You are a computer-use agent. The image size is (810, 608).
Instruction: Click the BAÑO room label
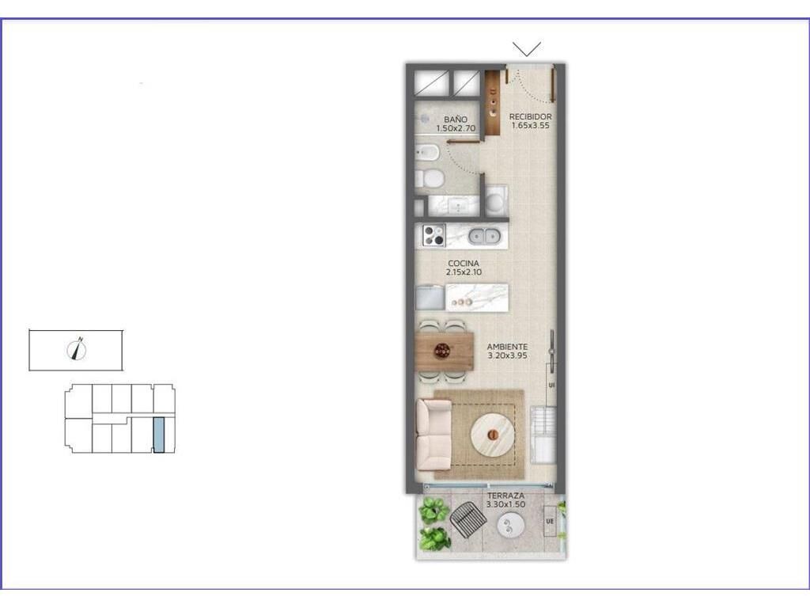(x=455, y=120)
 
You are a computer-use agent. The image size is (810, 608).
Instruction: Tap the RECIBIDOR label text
(x=530, y=117)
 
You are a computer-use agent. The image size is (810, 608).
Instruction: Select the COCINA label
(x=464, y=263)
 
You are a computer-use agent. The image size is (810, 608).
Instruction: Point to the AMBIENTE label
(x=507, y=347)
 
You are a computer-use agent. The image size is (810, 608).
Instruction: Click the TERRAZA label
(x=505, y=496)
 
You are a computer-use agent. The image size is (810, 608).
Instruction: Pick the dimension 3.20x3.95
(x=507, y=355)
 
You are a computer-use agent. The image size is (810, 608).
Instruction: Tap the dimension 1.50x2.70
(x=455, y=128)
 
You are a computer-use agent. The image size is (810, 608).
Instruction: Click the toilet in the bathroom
(x=430, y=179)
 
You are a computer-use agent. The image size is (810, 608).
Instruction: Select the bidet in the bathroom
(x=428, y=153)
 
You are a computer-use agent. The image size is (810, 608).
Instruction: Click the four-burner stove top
(x=434, y=236)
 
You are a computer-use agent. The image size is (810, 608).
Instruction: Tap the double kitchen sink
(x=485, y=236)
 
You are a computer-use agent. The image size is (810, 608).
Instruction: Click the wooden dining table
(x=445, y=351)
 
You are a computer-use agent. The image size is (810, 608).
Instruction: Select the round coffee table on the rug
(x=494, y=435)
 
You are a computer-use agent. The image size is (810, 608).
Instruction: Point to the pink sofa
(x=434, y=435)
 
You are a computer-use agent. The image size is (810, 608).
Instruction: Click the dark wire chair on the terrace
(x=468, y=518)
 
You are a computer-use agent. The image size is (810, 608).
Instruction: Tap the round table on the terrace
(x=510, y=526)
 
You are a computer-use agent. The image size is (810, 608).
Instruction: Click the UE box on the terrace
(x=550, y=521)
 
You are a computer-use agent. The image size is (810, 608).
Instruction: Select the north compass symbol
(x=78, y=349)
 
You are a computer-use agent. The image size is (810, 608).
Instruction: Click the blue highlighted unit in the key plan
(x=159, y=435)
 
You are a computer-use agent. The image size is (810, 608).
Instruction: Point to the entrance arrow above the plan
(x=527, y=49)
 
